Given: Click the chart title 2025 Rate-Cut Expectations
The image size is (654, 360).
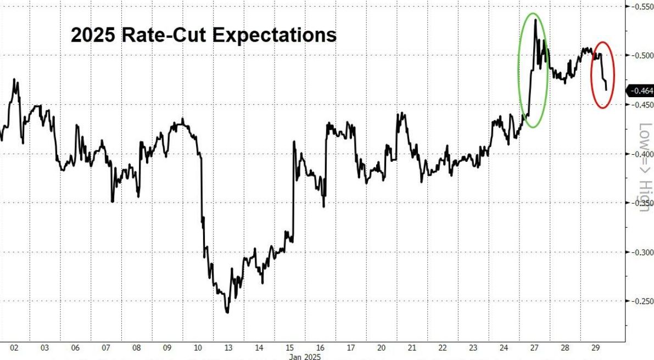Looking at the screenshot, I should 203,35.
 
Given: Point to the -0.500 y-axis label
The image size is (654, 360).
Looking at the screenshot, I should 640,55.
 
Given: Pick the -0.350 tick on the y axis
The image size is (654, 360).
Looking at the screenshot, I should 640,203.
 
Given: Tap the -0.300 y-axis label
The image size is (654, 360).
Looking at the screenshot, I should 640,252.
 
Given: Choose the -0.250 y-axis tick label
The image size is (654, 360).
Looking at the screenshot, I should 640,301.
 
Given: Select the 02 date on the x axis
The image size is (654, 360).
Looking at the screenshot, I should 14,347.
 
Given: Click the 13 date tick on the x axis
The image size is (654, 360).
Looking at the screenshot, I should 228,347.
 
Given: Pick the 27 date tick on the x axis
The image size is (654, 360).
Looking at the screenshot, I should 534,347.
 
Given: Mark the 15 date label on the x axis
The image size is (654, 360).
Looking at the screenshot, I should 289,347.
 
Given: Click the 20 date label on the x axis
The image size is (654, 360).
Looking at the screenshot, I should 381,347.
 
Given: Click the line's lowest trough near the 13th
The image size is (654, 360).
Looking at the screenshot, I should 227,313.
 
